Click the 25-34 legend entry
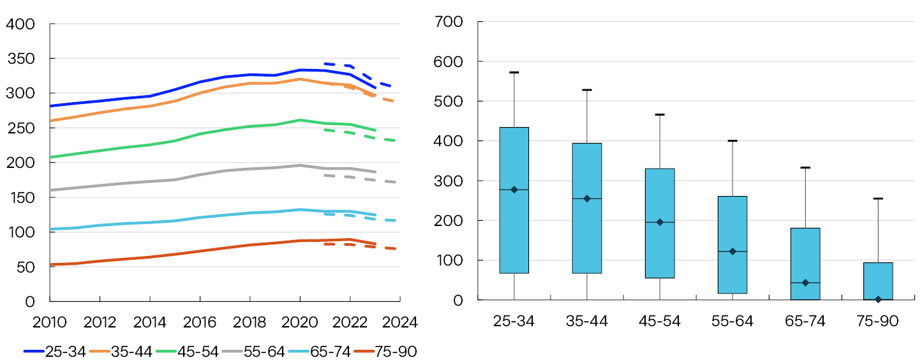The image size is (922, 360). point(54,351)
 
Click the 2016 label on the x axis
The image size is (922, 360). point(200,322)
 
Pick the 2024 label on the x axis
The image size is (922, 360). point(400,322)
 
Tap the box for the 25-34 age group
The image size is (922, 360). point(514,200)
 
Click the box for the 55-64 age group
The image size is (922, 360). point(732,244)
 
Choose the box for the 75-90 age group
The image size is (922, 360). point(878,281)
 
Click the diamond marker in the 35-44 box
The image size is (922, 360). point(587,199)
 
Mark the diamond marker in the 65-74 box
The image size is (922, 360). point(805,283)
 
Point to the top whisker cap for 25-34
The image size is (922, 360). point(514,72)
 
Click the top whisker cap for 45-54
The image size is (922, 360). point(660,114)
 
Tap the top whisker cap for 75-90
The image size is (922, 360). point(878,199)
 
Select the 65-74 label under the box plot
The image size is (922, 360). point(805,321)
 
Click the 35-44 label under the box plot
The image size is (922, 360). point(587,321)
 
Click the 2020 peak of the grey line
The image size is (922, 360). point(300,165)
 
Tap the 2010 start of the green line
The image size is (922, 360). point(50,156)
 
